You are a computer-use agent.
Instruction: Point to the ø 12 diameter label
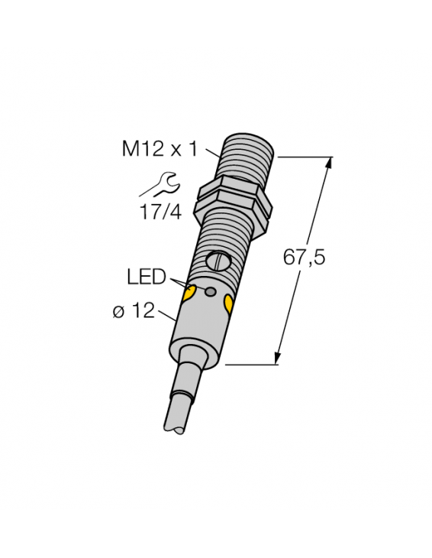point(134,311)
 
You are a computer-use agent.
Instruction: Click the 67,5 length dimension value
point(304,258)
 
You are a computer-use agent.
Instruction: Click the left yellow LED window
point(191,293)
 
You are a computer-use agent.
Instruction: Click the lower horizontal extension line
point(252,365)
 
